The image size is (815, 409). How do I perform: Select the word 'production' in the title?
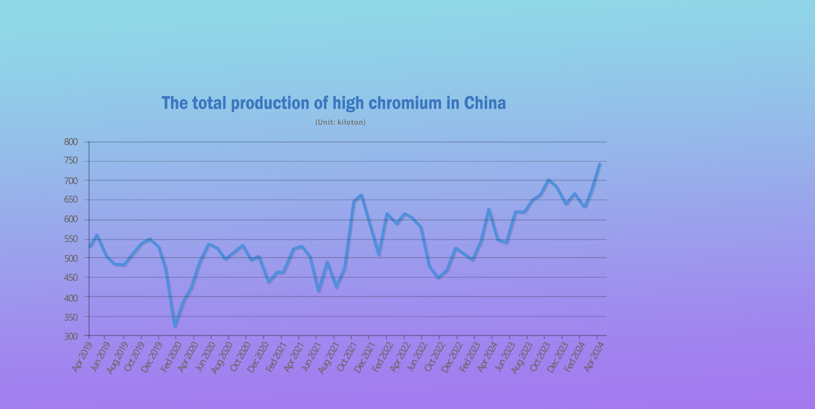[270, 104]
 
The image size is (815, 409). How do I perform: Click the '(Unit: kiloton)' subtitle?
[340, 122]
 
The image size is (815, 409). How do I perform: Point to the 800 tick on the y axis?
[71, 142]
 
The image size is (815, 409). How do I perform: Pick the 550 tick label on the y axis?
[71, 239]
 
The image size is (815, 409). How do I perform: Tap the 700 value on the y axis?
[71, 181]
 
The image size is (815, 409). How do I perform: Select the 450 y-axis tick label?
[71, 278]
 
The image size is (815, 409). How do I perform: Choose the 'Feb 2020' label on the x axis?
[171, 357]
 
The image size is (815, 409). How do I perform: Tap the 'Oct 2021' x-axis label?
[346, 357]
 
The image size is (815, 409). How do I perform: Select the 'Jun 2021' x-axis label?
[311, 357]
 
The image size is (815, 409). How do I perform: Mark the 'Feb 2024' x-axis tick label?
[574, 357]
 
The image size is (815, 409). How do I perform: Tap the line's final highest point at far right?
[600, 164]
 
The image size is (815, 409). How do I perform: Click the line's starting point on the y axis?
[90, 247]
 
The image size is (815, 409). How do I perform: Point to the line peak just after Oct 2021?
[362, 195]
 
